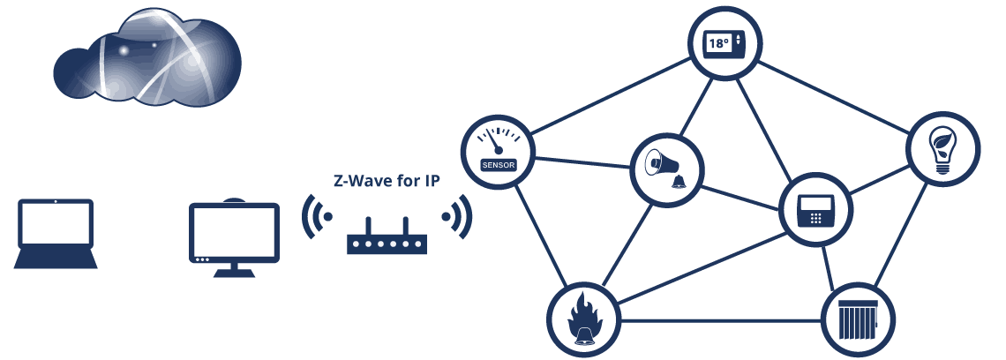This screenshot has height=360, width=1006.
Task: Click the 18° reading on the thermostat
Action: pyautogui.click(x=719, y=43)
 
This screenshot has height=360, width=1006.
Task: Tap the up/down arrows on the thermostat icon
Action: pyautogui.click(x=739, y=41)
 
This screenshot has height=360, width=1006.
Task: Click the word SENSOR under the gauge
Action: pyautogui.click(x=498, y=164)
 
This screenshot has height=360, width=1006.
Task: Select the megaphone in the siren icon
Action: pyautogui.click(x=661, y=163)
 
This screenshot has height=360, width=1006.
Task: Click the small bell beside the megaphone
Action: pyautogui.click(x=678, y=182)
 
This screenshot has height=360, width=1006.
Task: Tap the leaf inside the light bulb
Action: pyautogui.click(x=943, y=142)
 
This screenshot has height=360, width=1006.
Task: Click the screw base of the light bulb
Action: pyautogui.click(x=943, y=168)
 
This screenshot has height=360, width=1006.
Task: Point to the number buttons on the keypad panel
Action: pyautogui.click(x=816, y=218)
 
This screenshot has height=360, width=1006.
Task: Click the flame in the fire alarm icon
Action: pyautogui.click(x=584, y=312)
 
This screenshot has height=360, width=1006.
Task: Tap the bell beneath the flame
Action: pyautogui.click(x=583, y=336)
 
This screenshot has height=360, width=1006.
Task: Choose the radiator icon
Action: pyautogui.click(x=858, y=319)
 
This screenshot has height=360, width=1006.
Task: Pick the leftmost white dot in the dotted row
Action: pyautogui.click(x=356, y=244)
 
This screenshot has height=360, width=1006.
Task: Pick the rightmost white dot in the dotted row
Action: pyautogui.click(x=417, y=244)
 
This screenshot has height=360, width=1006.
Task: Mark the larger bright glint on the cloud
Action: pyautogui.click(x=124, y=51)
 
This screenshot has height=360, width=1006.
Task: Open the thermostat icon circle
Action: pyautogui.click(x=724, y=44)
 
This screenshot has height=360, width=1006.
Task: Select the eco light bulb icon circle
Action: pyautogui.click(x=942, y=149)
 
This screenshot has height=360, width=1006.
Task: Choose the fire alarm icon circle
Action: pyautogui.click(x=583, y=319)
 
